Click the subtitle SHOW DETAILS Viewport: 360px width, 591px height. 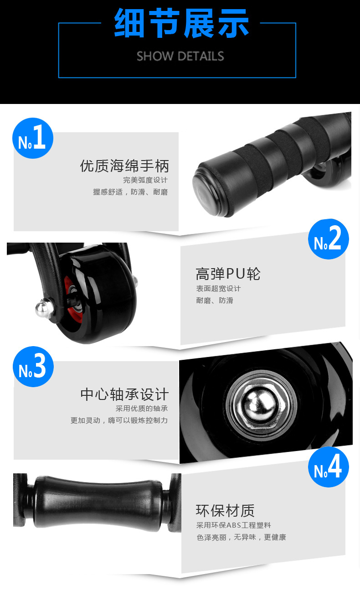coord(180,57)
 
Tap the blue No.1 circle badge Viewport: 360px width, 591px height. coord(33,138)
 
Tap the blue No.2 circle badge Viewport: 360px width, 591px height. coord(328,239)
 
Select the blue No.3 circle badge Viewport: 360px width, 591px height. coord(33,366)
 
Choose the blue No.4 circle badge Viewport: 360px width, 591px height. coord(328,467)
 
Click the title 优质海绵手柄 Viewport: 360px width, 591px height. coord(124,166)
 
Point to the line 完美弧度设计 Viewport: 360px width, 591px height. coord(145,180)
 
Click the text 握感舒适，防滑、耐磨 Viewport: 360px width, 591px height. coord(130,192)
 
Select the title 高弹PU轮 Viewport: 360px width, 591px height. coord(228,274)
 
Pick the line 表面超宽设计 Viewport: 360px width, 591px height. coord(218,289)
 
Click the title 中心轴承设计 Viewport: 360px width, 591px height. coord(124,394)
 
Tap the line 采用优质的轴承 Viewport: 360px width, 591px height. coord(141,409)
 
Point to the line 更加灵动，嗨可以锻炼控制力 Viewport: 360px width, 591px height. coord(119,420)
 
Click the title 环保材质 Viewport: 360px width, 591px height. coord(225,510)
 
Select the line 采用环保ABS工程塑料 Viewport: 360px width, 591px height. coord(233,525)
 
